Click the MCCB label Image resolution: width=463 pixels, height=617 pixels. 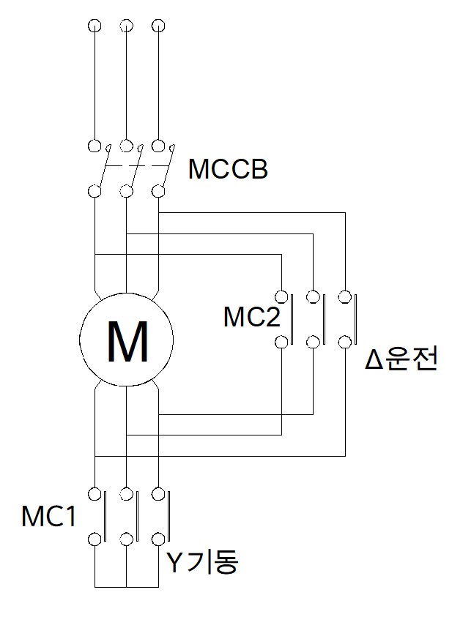point(228,170)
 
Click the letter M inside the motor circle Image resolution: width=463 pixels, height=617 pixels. point(127,342)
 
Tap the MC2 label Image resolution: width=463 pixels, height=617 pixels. point(248,318)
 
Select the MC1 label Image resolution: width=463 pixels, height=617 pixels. point(48,517)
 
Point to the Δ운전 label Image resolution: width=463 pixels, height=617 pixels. point(401,361)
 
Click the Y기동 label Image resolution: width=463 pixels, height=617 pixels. point(202,562)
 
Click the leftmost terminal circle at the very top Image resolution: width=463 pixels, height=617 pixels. point(95,27)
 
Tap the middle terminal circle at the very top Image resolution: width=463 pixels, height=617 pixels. point(127,27)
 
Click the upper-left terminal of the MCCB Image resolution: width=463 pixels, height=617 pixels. point(95,145)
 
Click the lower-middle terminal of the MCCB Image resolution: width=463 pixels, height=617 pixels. point(127,192)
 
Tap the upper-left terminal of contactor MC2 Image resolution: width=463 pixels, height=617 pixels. point(282,296)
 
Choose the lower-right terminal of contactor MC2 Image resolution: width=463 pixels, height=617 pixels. point(345,341)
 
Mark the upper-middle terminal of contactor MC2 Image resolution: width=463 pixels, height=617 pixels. point(314,296)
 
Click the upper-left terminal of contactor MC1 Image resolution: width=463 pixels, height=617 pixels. point(95,493)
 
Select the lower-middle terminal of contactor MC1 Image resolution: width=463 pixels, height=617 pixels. point(127,540)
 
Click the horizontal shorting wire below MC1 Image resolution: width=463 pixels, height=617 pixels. point(127,587)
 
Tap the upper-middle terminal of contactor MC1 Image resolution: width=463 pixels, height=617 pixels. point(127,493)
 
